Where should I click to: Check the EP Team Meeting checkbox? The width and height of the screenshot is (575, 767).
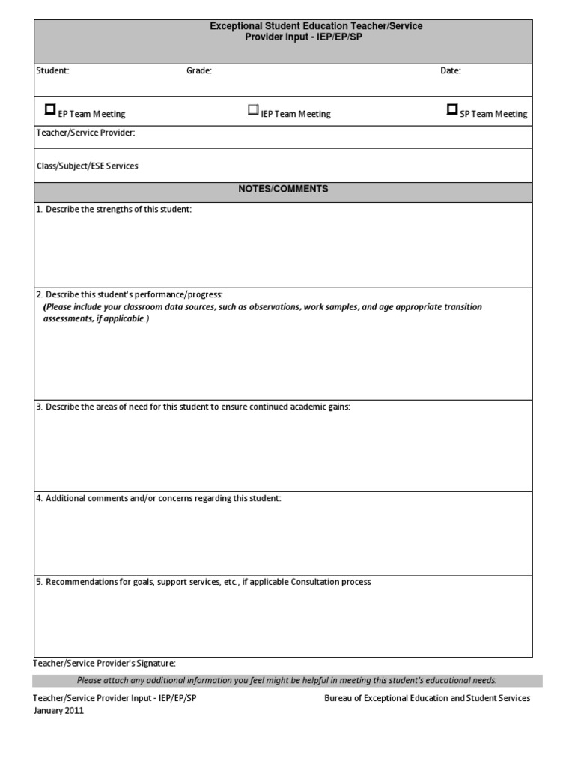pyautogui.click(x=50, y=109)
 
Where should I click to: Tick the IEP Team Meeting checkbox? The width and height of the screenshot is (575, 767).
pyautogui.click(x=253, y=110)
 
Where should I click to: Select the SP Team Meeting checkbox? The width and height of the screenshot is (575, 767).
pyautogui.click(x=452, y=109)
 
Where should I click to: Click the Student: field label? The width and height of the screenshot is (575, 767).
pyautogui.click(x=53, y=71)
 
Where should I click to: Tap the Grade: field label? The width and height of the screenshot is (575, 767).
pyautogui.click(x=199, y=71)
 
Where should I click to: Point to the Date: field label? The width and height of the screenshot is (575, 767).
pyautogui.click(x=451, y=71)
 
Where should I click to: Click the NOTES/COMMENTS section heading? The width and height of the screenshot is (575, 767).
pyautogui.click(x=283, y=190)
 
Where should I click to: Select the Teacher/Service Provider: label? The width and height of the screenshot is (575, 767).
pyautogui.click(x=86, y=133)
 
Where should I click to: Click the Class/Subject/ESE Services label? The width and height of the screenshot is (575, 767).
pyautogui.click(x=87, y=166)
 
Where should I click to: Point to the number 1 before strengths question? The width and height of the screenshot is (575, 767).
pyautogui.click(x=38, y=210)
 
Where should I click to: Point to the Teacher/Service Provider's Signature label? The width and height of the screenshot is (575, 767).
pyautogui.click(x=105, y=663)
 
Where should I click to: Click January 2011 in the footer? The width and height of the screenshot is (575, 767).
pyautogui.click(x=58, y=711)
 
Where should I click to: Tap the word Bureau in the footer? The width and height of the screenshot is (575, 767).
pyautogui.click(x=338, y=698)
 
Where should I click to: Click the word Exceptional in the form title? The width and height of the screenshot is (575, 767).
pyautogui.click(x=234, y=26)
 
